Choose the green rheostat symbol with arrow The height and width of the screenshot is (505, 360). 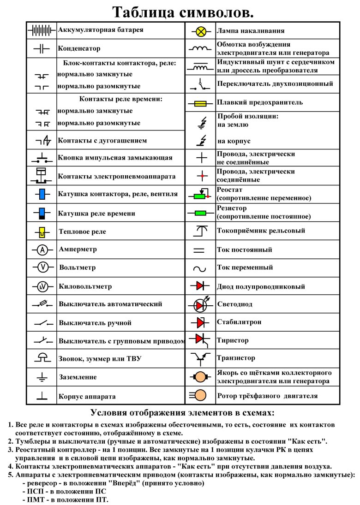(200, 196)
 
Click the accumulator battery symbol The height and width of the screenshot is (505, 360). (42, 30)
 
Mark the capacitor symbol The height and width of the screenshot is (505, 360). (42, 48)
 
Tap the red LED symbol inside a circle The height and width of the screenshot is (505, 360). (200, 305)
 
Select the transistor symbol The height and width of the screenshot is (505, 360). (200, 357)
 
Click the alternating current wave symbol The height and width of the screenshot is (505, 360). (200, 268)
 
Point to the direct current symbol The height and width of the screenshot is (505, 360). (199, 250)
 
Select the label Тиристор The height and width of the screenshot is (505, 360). (233, 340)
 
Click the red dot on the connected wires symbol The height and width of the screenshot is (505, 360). (201, 176)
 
